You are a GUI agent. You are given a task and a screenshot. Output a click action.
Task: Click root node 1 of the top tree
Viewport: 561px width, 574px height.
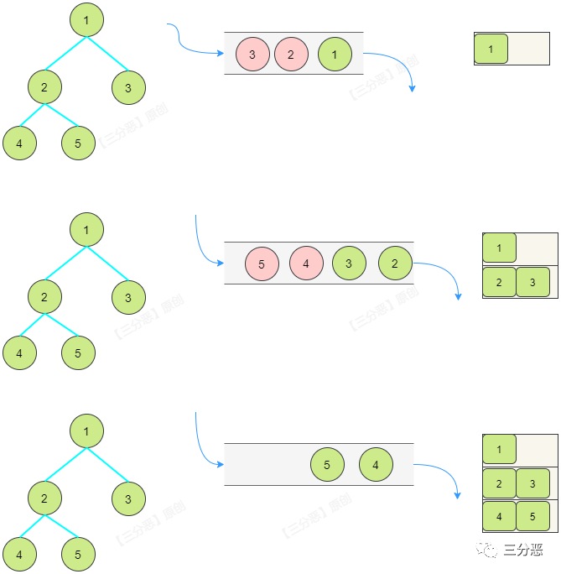(x=86, y=19)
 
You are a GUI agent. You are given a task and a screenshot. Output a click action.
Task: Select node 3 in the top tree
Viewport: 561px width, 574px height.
(x=128, y=87)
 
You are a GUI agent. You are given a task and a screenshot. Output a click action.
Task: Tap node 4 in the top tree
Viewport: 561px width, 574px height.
(x=19, y=143)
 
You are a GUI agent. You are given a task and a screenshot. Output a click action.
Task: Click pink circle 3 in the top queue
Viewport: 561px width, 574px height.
(x=252, y=55)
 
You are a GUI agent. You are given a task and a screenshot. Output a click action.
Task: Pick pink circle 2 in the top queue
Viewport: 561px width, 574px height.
(x=291, y=55)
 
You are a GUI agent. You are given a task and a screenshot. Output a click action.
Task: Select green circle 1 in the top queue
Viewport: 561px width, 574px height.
(x=335, y=55)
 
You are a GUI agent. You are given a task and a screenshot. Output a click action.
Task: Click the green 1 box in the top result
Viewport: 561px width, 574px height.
(x=491, y=50)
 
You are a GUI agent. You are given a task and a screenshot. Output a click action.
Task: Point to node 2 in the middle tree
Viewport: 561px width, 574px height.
(x=44, y=297)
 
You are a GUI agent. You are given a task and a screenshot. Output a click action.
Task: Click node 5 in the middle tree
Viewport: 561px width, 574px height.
(x=78, y=353)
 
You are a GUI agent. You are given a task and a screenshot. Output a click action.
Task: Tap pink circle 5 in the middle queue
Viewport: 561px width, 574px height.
(x=262, y=264)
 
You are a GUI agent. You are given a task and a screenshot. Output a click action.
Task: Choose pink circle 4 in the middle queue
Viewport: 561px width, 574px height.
(x=306, y=264)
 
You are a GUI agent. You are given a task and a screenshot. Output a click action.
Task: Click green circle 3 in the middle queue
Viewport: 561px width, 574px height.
(x=349, y=264)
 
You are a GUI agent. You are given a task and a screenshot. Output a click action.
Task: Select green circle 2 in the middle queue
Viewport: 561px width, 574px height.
(x=395, y=264)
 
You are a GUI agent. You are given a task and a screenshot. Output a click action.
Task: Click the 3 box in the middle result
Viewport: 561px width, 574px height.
(x=532, y=282)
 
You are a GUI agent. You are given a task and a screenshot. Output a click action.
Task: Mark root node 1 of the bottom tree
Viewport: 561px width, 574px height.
(x=86, y=431)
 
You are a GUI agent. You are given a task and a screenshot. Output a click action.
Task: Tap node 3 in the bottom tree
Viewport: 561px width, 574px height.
(x=128, y=499)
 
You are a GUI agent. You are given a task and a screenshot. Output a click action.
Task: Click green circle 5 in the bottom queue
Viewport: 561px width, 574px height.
(x=327, y=464)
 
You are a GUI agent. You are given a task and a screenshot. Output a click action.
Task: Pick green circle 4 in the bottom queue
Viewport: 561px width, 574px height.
(x=376, y=464)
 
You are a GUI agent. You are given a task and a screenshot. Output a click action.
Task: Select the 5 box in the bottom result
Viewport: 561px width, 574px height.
(x=532, y=516)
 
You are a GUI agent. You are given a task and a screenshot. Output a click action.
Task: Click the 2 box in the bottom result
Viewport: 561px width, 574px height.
(x=500, y=483)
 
